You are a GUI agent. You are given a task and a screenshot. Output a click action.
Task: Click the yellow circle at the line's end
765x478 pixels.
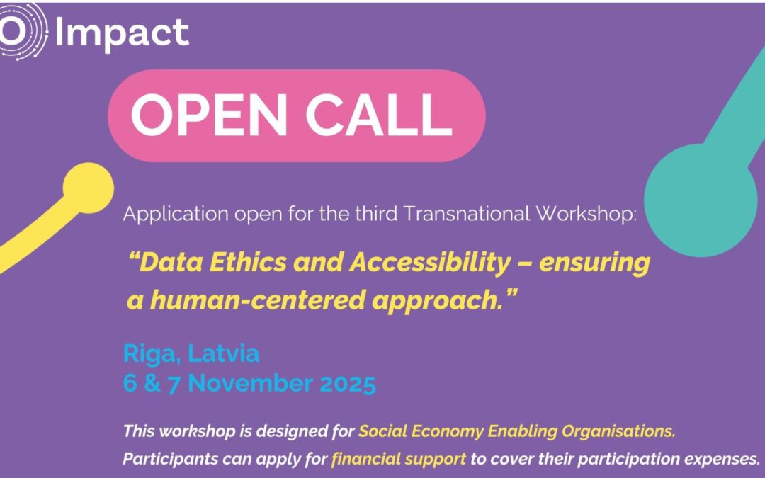(88, 188)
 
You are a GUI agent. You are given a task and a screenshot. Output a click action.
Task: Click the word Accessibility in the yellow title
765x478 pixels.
(435, 263)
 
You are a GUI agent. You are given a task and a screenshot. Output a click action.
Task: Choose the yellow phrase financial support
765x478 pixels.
(399, 459)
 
